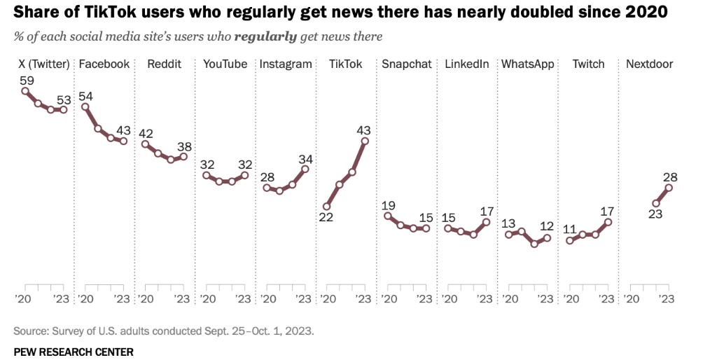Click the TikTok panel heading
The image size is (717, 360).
[x=346, y=64]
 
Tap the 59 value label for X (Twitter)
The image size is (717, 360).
[x=26, y=79]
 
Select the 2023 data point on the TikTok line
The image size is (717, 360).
[x=365, y=141]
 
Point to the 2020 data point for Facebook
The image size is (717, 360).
[x=85, y=106]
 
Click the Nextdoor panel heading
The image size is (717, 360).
[x=649, y=64]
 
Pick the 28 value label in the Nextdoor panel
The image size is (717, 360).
[x=670, y=176]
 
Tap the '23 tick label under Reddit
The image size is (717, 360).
[x=183, y=298]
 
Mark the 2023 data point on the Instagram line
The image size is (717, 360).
[x=305, y=169]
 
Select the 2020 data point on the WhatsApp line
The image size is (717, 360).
[x=508, y=235]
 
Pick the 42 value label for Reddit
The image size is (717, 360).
[x=146, y=133]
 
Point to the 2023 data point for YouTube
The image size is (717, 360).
[x=244, y=175]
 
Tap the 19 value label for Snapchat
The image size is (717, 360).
[x=388, y=205]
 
